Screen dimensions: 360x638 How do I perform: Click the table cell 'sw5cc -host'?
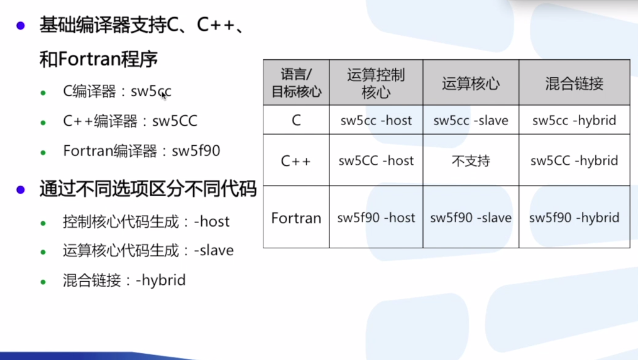[376, 120]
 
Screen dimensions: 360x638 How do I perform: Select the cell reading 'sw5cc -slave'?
[471, 120]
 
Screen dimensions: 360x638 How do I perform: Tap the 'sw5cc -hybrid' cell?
[574, 120]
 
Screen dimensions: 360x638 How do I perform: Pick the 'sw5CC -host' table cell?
[376, 160]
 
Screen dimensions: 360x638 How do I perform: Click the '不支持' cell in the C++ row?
[471, 160]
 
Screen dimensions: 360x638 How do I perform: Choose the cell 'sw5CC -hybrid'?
[574, 160]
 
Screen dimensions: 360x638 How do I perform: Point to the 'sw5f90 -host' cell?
[376, 218]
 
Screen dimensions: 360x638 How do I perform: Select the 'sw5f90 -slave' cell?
[471, 218]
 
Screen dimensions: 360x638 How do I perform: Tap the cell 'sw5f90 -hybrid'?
[574, 218]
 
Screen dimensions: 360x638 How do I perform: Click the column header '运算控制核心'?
[376, 83]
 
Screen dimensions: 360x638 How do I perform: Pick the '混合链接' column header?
[574, 83]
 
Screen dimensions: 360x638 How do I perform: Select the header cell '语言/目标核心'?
[296, 83]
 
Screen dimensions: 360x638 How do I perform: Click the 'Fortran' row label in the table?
[296, 218]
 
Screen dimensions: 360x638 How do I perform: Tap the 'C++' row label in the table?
[296, 161]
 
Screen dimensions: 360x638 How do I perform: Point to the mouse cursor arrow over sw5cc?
[164, 95]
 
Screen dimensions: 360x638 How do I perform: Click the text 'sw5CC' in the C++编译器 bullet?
[175, 121]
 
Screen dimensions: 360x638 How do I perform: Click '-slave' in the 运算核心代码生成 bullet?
[214, 250]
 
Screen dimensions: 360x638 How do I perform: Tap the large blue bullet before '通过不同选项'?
[20, 190]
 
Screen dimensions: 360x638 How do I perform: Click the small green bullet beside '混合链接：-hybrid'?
[43, 282]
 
